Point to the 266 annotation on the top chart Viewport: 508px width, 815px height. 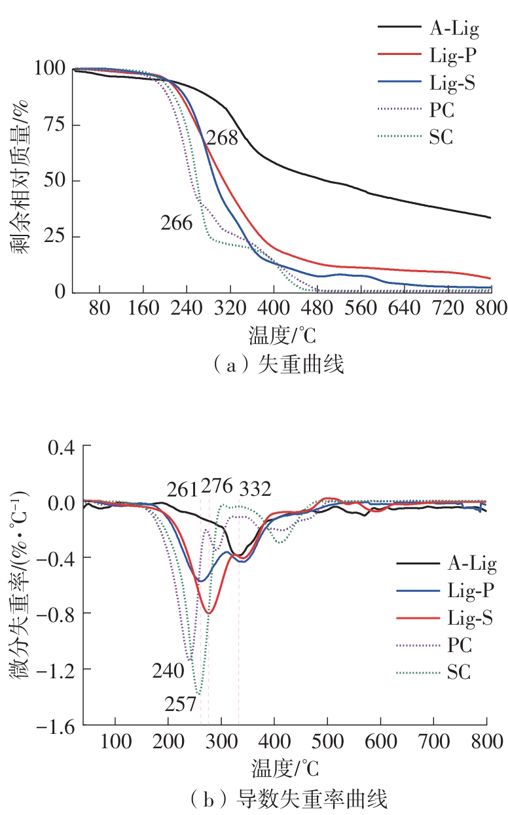coord(177,223)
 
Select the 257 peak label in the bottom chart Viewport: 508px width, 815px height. coord(180,704)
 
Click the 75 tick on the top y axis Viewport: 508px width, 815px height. coord(54,125)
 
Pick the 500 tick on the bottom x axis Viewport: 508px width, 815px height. coord(327,742)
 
